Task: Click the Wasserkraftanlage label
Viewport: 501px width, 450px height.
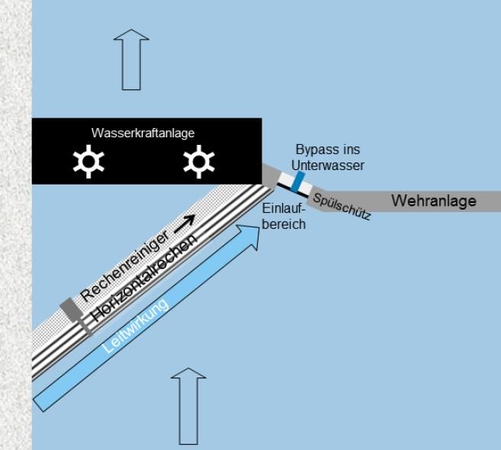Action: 143,133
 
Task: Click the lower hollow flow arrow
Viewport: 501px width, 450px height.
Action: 188,404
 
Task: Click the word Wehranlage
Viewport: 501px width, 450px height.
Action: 433,201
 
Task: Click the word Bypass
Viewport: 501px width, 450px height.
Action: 316,149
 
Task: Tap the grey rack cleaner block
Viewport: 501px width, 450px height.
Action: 70,309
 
